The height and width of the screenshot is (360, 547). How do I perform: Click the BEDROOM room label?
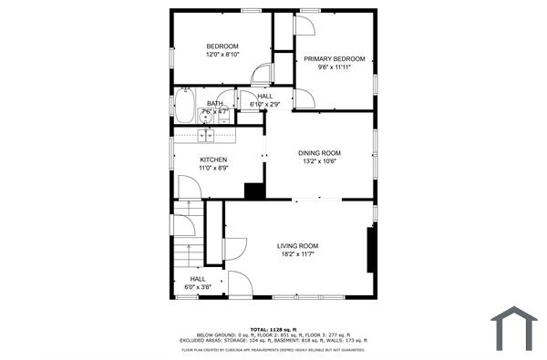[222, 46]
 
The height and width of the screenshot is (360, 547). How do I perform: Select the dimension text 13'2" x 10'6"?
[320, 161]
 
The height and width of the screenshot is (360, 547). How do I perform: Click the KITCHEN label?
[213, 159]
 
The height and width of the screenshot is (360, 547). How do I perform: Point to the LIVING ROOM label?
[297, 245]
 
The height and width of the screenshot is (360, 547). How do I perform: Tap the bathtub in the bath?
[185, 108]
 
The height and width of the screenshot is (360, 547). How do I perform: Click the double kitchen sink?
[207, 135]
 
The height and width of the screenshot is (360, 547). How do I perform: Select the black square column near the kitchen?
[254, 190]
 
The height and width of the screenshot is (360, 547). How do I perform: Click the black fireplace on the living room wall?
[371, 249]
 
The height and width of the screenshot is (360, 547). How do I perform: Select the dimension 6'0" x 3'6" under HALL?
[198, 287]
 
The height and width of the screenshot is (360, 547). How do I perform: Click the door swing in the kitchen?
[189, 187]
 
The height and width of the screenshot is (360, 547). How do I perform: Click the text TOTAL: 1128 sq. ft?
[273, 328]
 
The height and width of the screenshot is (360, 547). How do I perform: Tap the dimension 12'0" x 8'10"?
[222, 55]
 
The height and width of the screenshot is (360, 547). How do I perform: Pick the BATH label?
[214, 103]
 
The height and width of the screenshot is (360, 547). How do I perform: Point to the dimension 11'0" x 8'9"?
[213, 168]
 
